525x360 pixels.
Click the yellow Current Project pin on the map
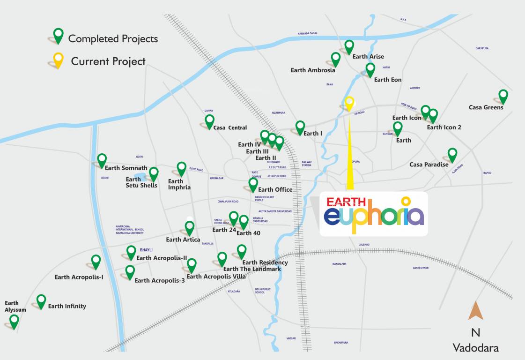349,103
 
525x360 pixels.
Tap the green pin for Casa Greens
503,96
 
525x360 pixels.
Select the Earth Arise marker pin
349,47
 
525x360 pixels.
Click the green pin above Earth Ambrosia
336,59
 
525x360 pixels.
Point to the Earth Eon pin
370,69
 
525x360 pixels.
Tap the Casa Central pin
209,121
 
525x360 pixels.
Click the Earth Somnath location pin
102,160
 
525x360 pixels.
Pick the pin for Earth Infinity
41,301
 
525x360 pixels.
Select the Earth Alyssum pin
14,321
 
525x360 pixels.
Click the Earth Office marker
253,184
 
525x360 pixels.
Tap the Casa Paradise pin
452,154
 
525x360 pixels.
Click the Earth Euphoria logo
374,214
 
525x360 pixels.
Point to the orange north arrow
476,311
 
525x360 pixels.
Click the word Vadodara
475,348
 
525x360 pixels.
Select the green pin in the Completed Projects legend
58,35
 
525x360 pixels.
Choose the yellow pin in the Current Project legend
58,60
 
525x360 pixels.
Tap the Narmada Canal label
308,34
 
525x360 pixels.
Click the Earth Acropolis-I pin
96,261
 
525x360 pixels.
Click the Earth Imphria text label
179,184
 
